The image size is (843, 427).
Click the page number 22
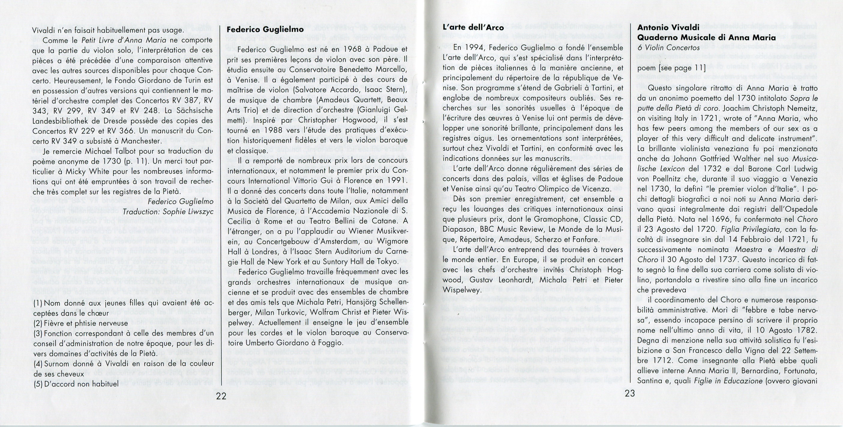[221, 396]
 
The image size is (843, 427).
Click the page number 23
[630, 393]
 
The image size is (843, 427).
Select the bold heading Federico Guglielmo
[265, 29]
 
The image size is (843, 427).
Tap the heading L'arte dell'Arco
[473, 28]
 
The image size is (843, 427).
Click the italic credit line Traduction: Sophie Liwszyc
[168, 212]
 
